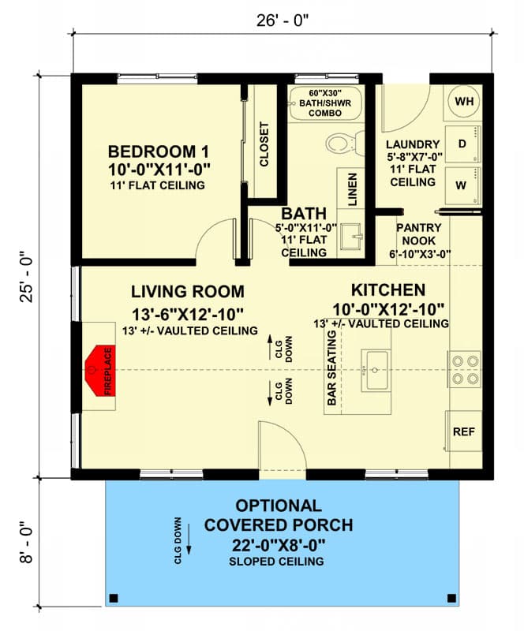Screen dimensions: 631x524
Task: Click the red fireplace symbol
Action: coord(101,369)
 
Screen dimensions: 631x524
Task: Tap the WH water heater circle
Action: coord(464,102)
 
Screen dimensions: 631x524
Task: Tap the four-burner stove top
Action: coord(463,369)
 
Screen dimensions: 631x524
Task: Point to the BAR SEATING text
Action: coord(332,368)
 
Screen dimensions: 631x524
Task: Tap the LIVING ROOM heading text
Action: coord(188,291)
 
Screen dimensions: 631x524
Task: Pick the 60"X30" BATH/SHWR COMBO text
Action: coord(325,103)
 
